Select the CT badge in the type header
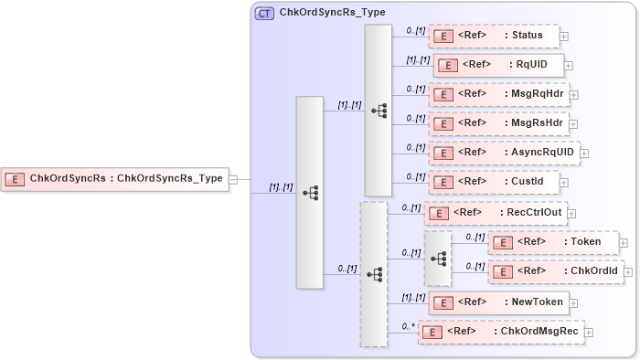point(264,13)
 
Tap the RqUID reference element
point(498,65)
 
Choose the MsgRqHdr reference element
point(498,94)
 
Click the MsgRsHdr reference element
point(498,123)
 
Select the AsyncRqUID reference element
point(504,152)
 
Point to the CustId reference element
point(494,181)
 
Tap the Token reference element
point(553,242)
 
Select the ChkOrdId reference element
point(555,271)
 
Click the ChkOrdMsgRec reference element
point(501,332)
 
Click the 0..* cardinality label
point(408,325)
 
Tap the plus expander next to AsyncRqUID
point(584,153)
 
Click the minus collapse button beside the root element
point(233,179)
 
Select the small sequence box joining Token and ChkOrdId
point(438,259)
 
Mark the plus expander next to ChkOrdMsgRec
point(590,333)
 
